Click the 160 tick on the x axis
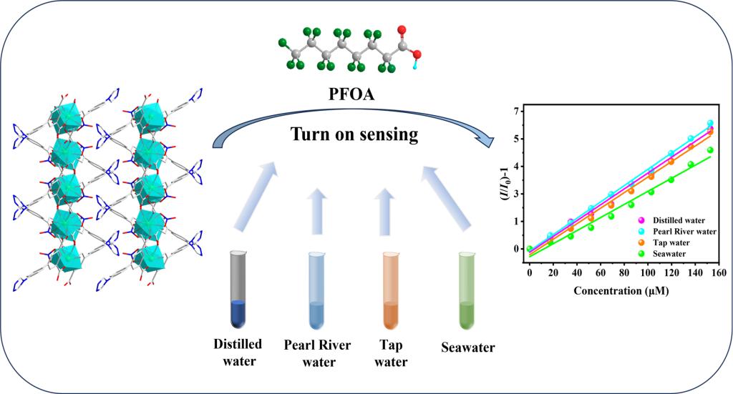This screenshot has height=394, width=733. [718, 272]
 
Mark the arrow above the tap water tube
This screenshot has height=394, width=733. [387, 211]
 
